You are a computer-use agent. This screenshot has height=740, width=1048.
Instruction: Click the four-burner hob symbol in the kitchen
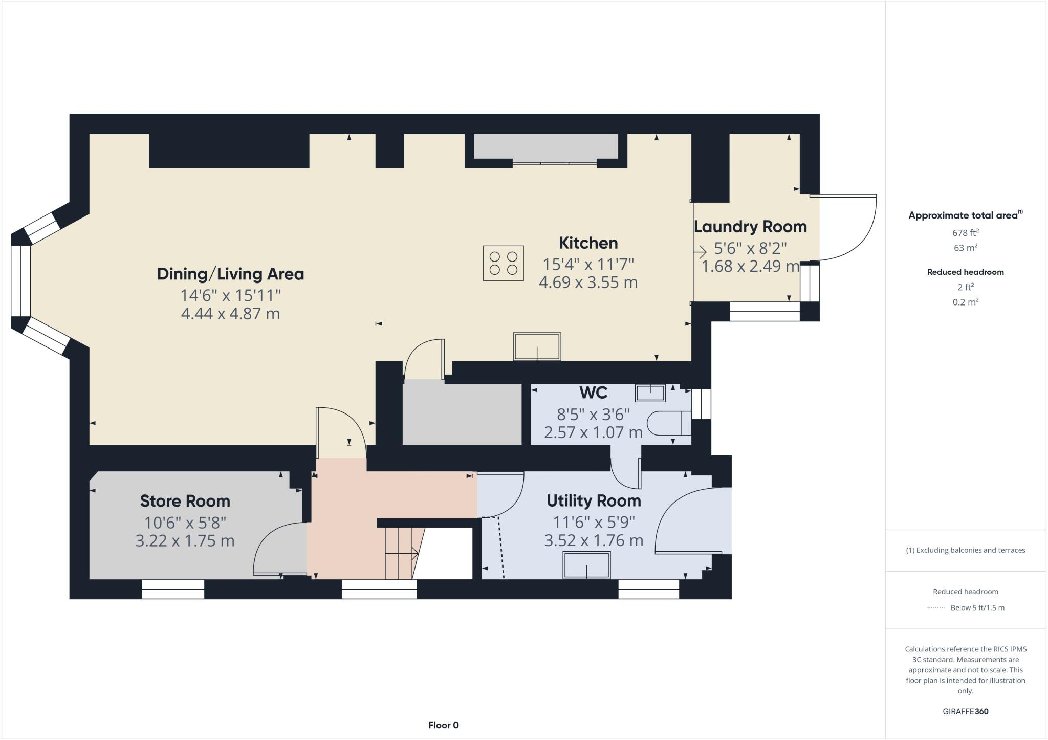click(x=504, y=263)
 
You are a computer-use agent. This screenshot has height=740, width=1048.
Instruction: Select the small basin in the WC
click(x=650, y=393)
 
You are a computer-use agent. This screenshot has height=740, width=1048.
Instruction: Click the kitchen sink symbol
click(x=537, y=347)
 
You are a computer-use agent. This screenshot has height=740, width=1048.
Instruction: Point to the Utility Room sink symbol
click(x=586, y=565)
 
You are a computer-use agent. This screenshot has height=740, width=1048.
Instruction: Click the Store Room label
click(x=185, y=501)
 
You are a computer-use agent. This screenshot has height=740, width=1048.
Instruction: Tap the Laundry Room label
click(x=750, y=226)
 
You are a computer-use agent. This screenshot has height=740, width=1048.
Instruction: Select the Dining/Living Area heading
click(x=230, y=274)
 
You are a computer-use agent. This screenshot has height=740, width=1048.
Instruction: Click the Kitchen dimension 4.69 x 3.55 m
click(x=588, y=282)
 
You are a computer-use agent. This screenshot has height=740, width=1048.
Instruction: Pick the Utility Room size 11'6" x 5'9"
click(x=594, y=522)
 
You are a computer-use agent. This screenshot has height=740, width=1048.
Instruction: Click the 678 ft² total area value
click(x=965, y=232)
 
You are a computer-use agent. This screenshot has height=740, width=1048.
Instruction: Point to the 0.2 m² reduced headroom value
click(x=965, y=302)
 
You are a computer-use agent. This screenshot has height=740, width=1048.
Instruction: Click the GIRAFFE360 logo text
click(x=965, y=711)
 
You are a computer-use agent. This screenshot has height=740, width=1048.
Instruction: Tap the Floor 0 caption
click(x=443, y=725)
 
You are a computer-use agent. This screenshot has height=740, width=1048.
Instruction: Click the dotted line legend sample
click(x=935, y=608)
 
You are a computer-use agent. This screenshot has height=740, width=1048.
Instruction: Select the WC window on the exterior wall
click(x=702, y=404)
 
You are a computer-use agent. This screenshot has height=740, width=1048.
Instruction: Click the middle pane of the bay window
click(x=20, y=280)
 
